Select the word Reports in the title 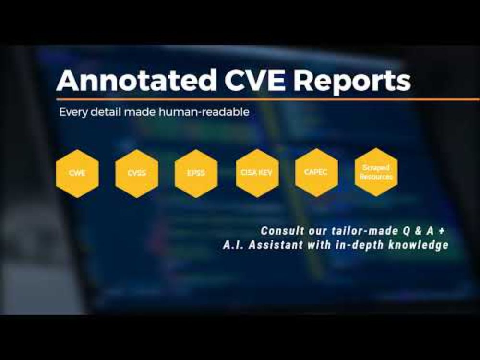[352, 82]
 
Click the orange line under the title [268, 99]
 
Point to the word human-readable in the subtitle [204, 112]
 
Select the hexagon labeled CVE [77, 173]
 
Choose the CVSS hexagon [137, 173]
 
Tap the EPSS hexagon [196, 173]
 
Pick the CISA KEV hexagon [257, 173]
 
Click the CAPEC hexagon [316, 173]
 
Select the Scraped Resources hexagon [376, 172]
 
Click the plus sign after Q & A [441, 231]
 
